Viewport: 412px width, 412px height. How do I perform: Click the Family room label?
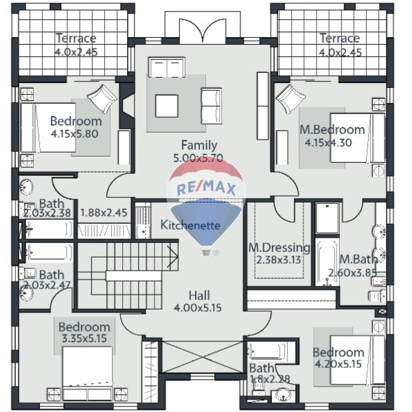199,145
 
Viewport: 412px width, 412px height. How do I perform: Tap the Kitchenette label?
190,225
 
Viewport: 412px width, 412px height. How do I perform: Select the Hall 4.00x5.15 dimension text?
198,308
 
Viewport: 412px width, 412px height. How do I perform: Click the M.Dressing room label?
279,247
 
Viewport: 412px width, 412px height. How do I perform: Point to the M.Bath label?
358,260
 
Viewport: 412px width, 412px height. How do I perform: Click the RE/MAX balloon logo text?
206,188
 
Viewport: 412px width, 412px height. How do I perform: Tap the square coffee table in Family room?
167,106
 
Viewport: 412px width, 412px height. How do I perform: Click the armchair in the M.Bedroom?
290,99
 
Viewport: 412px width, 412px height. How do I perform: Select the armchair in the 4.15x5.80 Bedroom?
102,99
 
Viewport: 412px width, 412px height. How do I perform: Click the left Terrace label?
76,38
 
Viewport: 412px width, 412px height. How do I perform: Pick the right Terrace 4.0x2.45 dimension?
340,53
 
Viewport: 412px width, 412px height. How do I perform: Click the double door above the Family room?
203,30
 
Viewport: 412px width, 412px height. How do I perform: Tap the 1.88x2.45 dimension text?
104,213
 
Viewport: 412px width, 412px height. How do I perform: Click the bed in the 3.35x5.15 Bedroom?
87,374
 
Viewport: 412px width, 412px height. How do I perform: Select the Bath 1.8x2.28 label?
270,374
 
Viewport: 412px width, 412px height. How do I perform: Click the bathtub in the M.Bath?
327,262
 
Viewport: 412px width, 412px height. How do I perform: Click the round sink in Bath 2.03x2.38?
26,187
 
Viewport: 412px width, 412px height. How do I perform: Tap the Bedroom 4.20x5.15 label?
339,358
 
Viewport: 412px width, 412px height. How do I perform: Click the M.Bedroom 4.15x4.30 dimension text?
328,143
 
